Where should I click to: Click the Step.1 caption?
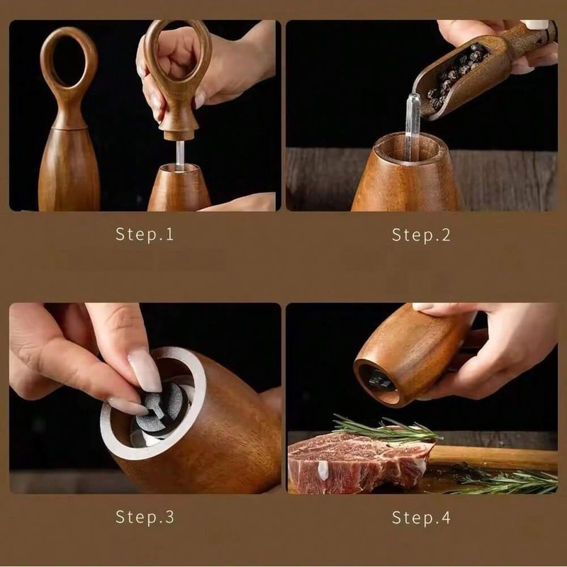pos(145,235)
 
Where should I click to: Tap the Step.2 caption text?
pos(421,235)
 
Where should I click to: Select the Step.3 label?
pos(145,517)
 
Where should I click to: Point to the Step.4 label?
pos(421,517)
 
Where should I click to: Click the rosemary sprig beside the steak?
pos(510,483)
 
